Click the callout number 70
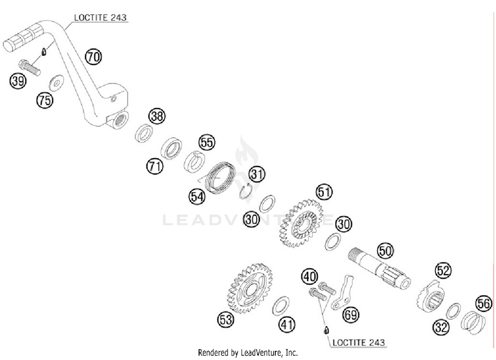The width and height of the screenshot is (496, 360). tap(94, 57)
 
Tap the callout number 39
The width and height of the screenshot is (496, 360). tap(18, 81)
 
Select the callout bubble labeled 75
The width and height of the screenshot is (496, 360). tap(45, 100)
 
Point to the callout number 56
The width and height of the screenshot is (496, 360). tap(483, 303)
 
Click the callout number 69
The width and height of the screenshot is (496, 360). tap(351, 314)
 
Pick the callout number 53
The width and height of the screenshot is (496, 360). tap(226, 320)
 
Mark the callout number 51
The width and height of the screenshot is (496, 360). tap(324, 192)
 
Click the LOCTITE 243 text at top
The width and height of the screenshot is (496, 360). tap(100, 18)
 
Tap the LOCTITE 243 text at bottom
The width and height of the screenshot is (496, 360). tap(358, 342)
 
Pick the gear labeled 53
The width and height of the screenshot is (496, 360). tap(250, 288)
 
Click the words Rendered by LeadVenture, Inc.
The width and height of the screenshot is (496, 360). tap(248, 353)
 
